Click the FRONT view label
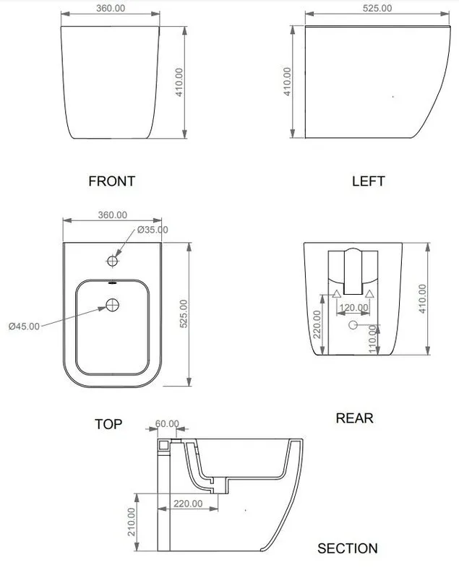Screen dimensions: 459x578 tap(112, 181)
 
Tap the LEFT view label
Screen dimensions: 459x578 tap(369, 181)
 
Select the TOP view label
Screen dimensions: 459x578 tap(108, 424)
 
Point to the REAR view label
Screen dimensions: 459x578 tap(354, 418)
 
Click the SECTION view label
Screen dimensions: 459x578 tap(347, 548)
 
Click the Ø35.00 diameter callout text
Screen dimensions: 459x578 tap(153, 230)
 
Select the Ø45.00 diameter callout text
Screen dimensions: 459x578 tap(24, 327)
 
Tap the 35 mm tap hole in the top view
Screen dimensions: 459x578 tap(113, 261)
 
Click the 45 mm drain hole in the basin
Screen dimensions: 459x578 tap(113, 305)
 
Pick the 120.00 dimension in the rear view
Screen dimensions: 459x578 tap(353, 308)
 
